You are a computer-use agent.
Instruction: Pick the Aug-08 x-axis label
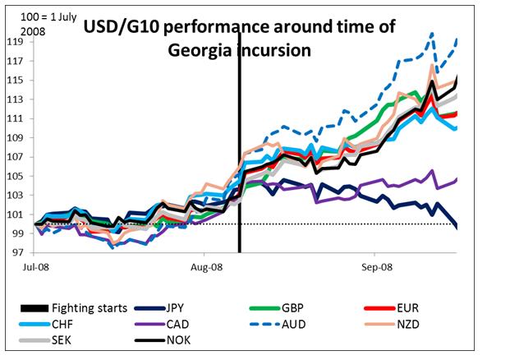[207, 267]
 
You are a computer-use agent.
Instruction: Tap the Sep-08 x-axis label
[375, 267]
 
